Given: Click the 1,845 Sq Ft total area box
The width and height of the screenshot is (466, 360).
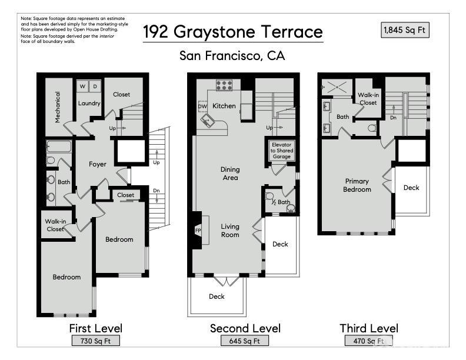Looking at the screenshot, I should point(405,29).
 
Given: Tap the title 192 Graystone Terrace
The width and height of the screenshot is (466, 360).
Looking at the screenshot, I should point(233,31).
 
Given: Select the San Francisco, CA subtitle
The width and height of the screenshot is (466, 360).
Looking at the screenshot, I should point(232,56).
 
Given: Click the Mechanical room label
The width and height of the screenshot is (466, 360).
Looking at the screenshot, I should point(58,106).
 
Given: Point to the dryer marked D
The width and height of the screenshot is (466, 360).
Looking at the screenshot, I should point(95,86).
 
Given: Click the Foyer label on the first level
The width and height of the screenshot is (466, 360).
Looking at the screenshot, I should point(98,164).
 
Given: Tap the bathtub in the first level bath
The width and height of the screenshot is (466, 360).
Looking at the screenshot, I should point(58,146).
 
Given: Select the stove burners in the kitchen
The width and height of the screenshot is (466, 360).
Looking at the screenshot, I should point(224,85).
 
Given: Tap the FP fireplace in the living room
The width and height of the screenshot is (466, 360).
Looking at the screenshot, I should point(197,231).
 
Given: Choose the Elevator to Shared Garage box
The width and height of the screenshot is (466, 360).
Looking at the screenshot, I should point(281,151).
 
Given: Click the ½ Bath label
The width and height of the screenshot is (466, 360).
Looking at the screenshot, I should point(281,202).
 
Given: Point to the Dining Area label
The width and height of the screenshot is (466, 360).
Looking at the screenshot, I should point(230,174).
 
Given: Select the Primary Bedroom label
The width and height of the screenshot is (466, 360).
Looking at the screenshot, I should point(357,185).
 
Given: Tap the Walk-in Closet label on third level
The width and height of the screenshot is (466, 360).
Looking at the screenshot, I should point(368,98).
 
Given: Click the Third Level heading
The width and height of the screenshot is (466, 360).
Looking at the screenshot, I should point(369,328).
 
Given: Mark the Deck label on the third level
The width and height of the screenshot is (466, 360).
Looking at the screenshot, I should point(411,188).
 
